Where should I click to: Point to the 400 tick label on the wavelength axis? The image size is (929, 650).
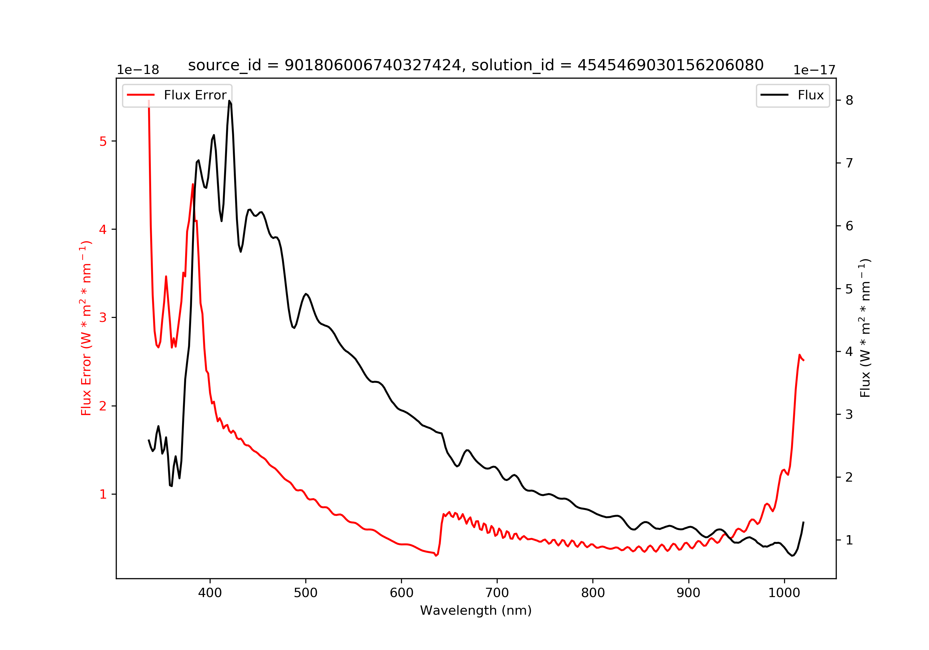210,593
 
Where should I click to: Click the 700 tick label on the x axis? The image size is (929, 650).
497,593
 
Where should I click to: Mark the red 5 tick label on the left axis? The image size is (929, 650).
103,141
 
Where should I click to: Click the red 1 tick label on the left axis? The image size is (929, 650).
103,494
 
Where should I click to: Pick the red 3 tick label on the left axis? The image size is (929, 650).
103,318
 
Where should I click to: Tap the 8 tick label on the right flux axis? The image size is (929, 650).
849,100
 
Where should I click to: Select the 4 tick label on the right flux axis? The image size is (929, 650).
849,352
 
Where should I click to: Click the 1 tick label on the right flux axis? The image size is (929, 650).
849,540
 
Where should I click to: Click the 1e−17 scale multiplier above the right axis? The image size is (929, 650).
814,70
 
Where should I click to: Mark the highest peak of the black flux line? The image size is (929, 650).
229,101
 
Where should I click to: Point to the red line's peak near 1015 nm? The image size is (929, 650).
800,355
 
